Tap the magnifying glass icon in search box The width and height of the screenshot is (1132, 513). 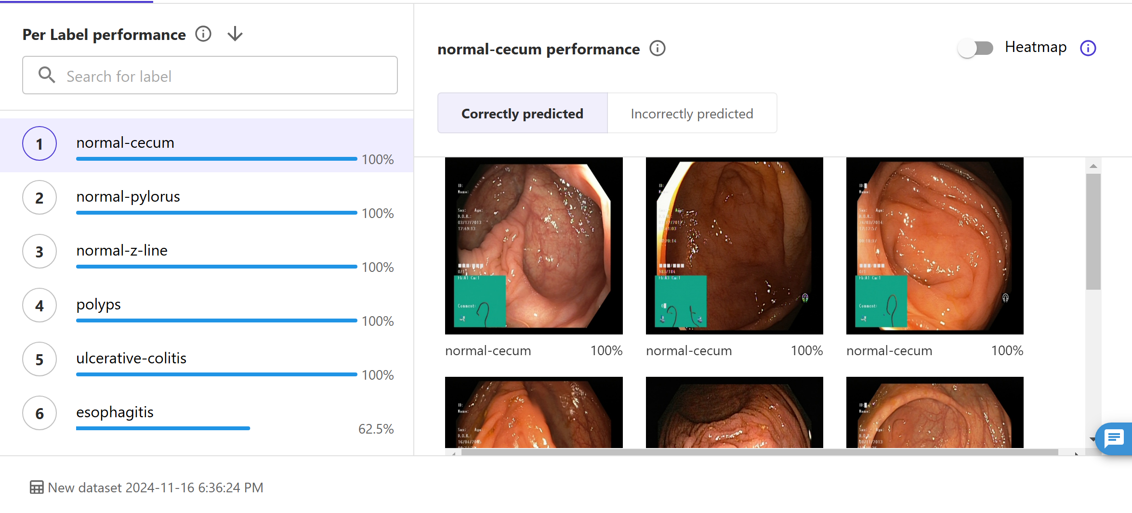click(47, 75)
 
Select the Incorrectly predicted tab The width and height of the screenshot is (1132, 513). click(692, 114)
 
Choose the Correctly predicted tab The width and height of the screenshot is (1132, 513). click(522, 114)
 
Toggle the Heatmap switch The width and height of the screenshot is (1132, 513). click(975, 48)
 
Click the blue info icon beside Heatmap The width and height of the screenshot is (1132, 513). click(1088, 48)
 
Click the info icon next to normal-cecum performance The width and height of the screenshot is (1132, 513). click(657, 49)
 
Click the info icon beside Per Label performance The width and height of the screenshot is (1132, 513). click(203, 34)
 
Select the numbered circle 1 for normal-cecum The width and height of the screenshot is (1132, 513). click(39, 143)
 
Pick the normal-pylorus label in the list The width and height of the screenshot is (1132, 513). click(128, 196)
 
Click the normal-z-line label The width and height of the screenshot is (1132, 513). click(122, 250)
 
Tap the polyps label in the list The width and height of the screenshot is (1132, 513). click(99, 304)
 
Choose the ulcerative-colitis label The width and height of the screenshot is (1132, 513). click(131, 358)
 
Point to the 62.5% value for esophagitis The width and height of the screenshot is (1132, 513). click(376, 429)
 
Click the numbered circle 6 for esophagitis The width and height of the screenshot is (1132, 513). click(39, 413)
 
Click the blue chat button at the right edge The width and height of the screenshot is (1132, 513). click(1115, 438)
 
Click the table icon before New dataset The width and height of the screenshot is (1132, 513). click(37, 487)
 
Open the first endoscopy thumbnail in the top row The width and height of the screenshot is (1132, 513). click(534, 245)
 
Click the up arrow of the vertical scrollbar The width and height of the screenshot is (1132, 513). click(1093, 166)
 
